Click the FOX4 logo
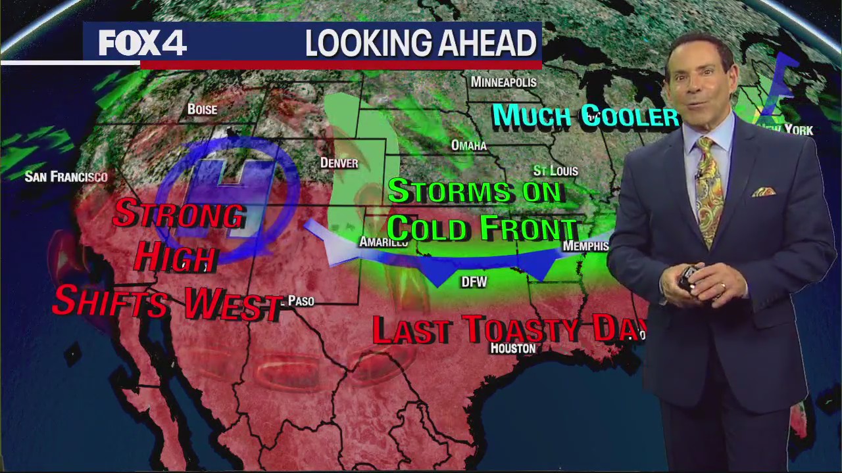(143, 44)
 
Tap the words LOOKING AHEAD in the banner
(420, 44)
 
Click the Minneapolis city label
(503, 82)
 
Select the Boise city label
(202, 109)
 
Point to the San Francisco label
(66, 176)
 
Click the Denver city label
(339, 162)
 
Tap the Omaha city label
(468, 145)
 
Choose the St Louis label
(555, 171)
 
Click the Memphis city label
(585, 246)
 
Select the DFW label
(474, 282)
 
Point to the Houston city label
(512, 348)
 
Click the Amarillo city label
(383, 242)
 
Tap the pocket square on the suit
(764, 191)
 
